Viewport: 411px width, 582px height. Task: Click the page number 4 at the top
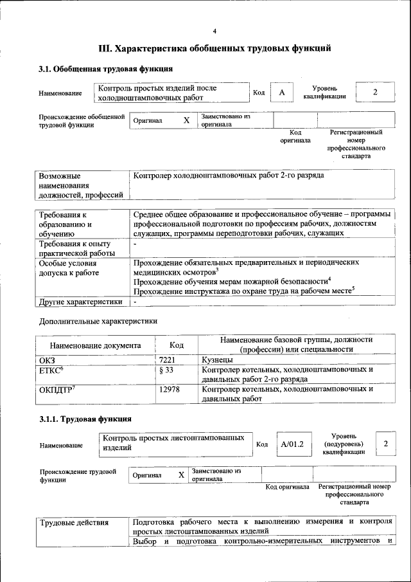point(214,31)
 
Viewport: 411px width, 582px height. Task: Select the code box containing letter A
point(281,93)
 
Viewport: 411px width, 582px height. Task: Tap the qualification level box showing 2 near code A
point(374,92)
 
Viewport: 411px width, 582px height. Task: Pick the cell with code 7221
point(168,361)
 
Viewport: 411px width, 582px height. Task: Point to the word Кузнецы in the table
point(219,361)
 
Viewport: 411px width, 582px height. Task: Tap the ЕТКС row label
point(51,371)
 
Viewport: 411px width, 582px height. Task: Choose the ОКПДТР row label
point(57,389)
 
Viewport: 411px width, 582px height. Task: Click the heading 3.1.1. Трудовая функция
point(85,420)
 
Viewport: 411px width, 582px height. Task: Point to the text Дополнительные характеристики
point(98,321)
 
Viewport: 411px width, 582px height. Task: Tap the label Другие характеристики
point(80,301)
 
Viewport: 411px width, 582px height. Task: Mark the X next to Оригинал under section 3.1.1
point(181,475)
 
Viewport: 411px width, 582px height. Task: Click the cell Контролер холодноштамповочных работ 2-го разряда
point(229,175)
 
